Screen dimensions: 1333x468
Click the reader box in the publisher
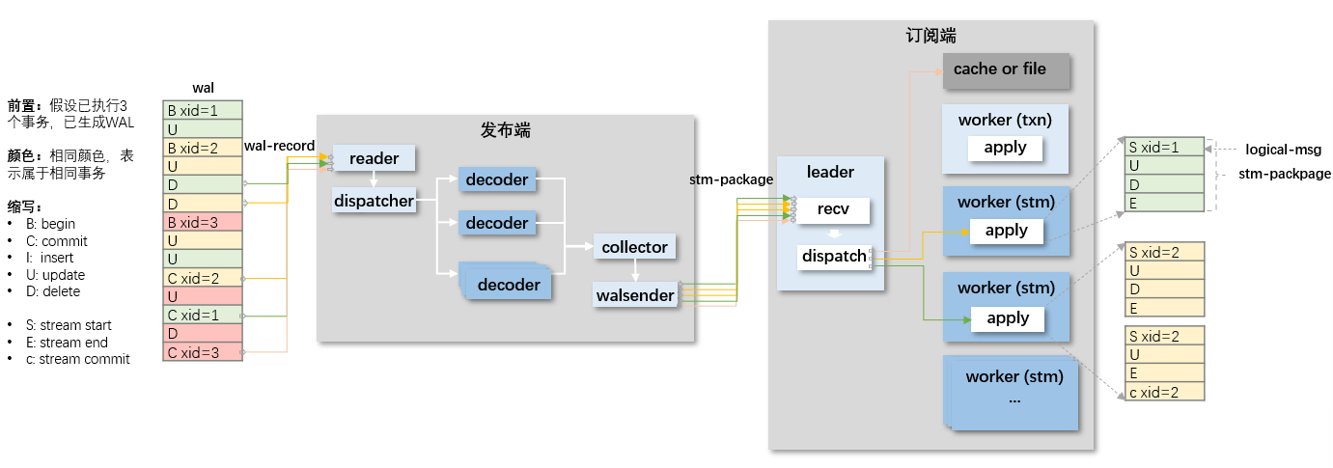pos(374,158)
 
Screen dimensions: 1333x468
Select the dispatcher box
pos(374,201)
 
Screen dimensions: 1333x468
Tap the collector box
pos(634,247)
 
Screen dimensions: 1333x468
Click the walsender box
pos(635,295)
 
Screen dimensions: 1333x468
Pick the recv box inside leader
pos(833,209)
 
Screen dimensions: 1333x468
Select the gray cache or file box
pos(1007,70)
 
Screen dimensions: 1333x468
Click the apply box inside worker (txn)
pos(1005,148)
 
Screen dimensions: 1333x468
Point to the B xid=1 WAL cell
pos(203,110)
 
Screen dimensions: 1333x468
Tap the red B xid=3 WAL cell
pos(203,222)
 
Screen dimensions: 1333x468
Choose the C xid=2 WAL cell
pos(203,278)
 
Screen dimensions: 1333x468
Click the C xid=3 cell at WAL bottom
pos(203,352)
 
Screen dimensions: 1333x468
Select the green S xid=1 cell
pos(1165,147)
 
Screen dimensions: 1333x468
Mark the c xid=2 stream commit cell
pos(1165,392)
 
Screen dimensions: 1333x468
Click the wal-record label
pos(279,146)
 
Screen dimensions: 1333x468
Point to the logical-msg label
pos(1283,150)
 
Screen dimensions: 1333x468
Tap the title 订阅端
pos(930,36)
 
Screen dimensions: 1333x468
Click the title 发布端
pos(505,129)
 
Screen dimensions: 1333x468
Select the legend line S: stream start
pos(69,325)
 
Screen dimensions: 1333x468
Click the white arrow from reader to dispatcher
pos(374,179)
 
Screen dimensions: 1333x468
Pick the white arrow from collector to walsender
pos(635,270)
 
